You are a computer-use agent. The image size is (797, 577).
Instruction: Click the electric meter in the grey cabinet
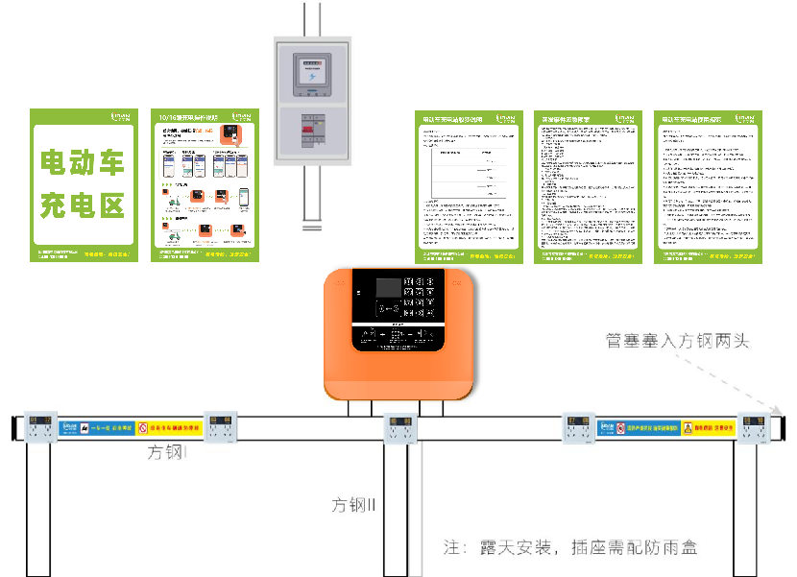tap(312, 74)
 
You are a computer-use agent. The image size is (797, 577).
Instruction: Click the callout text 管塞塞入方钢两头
tap(677, 341)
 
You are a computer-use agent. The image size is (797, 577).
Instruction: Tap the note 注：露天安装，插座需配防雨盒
tap(570, 548)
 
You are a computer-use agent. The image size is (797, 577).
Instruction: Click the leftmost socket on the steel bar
tap(39, 428)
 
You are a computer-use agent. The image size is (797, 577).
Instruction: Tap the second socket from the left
tap(219, 428)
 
